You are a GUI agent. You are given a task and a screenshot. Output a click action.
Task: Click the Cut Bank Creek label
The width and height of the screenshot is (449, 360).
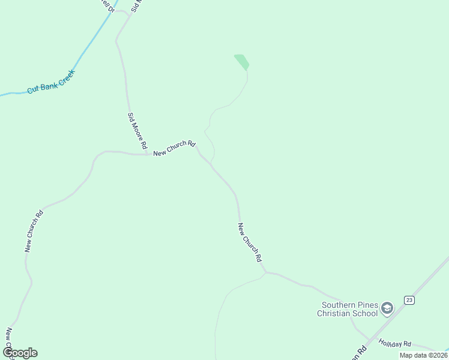[x=50, y=82]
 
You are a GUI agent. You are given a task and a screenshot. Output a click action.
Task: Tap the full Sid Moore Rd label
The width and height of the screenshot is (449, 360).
[x=137, y=130]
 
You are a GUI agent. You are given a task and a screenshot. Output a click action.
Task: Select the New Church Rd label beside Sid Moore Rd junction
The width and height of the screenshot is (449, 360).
[x=174, y=148]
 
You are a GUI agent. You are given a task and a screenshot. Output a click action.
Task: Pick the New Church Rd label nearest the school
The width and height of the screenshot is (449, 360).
[x=250, y=242]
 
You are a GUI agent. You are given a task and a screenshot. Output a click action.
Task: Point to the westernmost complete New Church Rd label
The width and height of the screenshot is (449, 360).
[x=34, y=231]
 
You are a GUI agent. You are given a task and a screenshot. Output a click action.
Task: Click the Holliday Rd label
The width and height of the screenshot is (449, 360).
[x=394, y=343]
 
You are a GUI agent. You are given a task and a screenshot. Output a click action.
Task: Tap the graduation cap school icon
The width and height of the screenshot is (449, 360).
[x=387, y=309]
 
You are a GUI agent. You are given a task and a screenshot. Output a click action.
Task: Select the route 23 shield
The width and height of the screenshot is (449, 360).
[x=409, y=299]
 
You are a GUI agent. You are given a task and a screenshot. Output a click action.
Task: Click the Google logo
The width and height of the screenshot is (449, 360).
[x=20, y=352]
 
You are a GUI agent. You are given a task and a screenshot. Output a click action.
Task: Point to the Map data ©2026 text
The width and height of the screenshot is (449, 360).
[x=423, y=355]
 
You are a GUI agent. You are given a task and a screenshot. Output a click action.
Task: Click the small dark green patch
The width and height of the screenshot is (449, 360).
[x=242, y=62]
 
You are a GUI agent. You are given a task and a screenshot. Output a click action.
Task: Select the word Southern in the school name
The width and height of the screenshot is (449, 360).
[x=337, y=304]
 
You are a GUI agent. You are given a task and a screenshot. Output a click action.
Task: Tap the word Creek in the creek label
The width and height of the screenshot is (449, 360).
[x=65, y=76]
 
